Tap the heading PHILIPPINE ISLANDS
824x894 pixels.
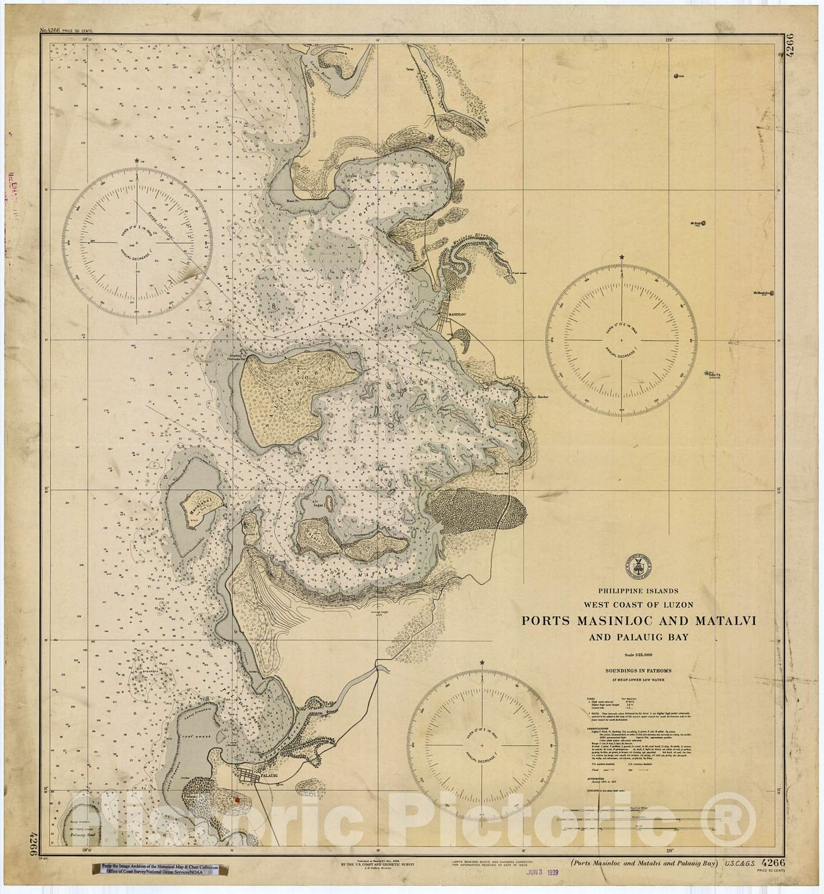(638, 591)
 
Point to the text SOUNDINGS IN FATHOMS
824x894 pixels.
(638, 670)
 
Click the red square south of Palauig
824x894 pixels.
(237, 800)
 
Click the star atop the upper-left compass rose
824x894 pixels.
(137, 161)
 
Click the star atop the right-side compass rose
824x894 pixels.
(622, 257)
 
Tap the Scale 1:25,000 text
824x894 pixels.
(638, 655)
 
